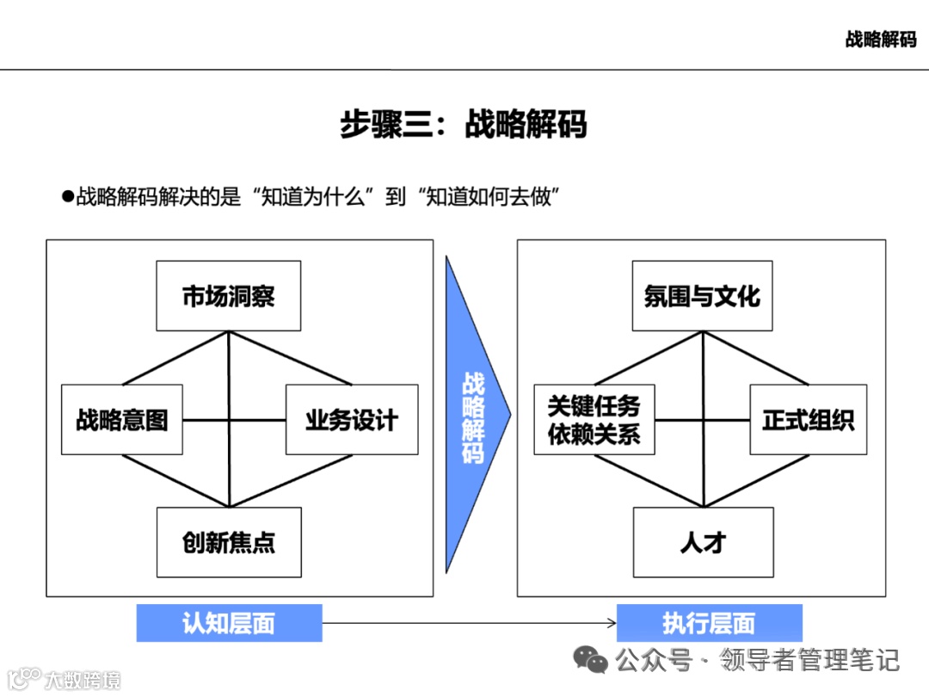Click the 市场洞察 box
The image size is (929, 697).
coord(228,295)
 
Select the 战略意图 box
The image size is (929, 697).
coord(121,420)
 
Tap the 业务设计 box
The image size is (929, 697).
coord(351,420)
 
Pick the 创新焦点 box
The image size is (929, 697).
coord(228,542)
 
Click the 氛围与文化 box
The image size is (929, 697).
coord(702,296)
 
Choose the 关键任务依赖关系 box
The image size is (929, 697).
coord(594,420)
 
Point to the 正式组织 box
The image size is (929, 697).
coord(808,420)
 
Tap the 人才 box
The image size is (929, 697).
coord(703,542)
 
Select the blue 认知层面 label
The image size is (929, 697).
coord(229,623)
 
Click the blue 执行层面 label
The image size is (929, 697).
coord(709,623)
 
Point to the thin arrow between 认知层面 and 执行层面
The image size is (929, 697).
coord(469,623)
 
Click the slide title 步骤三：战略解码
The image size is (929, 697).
coord(463,124)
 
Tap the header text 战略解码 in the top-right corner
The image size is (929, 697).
coord(880,39)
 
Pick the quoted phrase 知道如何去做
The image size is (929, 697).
coord(486,196)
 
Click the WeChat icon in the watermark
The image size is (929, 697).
coord(591,660)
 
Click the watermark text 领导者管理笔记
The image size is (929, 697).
coord(809,660)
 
